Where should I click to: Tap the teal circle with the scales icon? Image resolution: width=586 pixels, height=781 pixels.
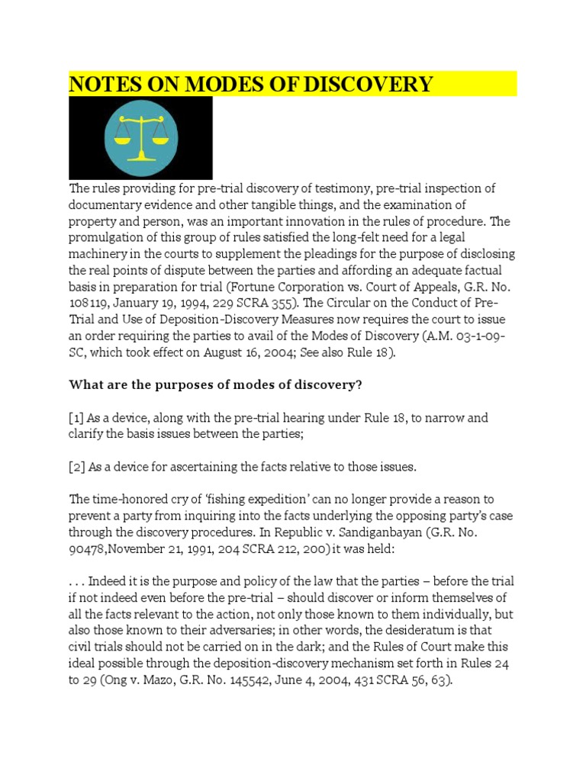(x=140, y=137)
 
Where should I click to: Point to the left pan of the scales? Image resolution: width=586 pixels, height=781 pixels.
(x=122, y=140)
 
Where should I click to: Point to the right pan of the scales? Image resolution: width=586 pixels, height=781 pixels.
(x=159, y=140)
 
